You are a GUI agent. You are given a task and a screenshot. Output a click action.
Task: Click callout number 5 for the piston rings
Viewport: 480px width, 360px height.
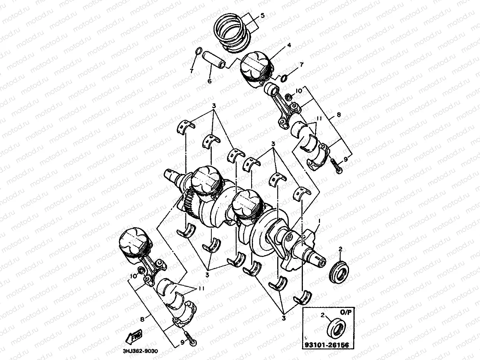(262, 16)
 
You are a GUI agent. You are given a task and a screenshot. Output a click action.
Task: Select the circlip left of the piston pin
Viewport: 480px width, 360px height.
(198, 51)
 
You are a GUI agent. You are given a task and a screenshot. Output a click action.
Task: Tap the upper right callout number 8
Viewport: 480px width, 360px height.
(338, 115)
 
